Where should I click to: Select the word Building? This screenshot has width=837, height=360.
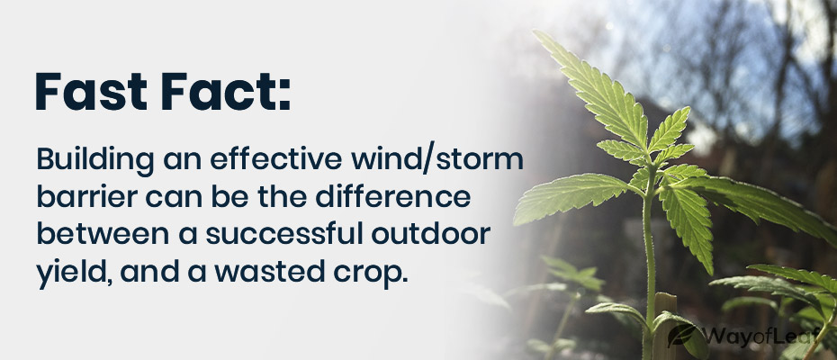coord(85,162)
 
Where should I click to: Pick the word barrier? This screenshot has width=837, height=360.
coord(74,198)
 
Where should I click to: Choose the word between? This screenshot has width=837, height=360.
coord(86,234)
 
